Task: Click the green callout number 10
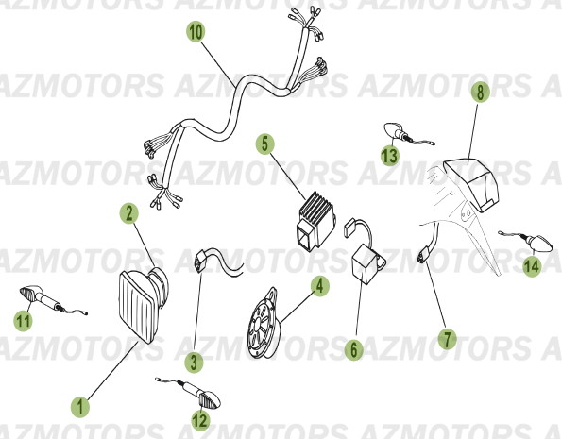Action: coord(194,33)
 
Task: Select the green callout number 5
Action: coord(265,144)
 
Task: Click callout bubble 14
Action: coord(533,266)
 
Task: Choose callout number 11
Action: coord(20,322)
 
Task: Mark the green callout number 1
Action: coord(81,407)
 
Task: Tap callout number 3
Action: coord(193,361)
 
